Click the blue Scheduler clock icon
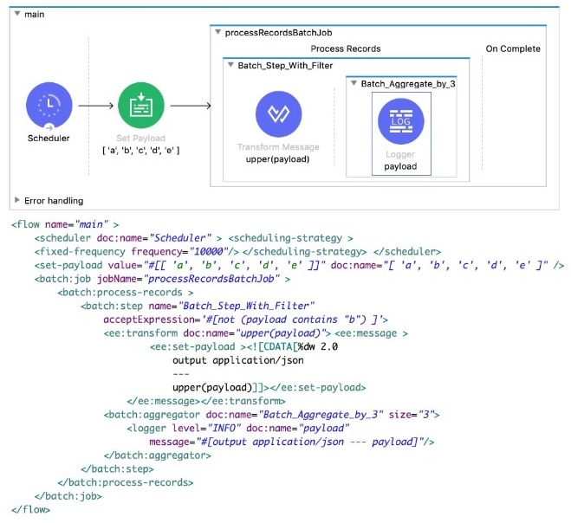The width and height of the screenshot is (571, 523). (49, 105)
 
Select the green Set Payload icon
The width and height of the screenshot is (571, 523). (141, 105)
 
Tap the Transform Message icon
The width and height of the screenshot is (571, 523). (279, 114)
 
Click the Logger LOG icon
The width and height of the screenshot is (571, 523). (401, 121)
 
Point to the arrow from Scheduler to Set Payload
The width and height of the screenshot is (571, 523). (96, 106)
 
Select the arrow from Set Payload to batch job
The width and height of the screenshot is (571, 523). (191, 106)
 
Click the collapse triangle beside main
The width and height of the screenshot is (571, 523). (17, 14)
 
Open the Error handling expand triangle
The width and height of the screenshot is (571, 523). (16, 200)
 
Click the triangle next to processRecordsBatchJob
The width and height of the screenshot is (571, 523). (217, 32)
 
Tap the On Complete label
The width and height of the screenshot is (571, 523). (513, 48)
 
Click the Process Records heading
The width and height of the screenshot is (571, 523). (346, 48)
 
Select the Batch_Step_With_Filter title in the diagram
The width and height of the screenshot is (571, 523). (285, 66)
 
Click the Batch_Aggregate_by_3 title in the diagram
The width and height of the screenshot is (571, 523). (408, 84)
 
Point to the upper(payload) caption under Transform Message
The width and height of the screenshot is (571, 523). (277, 159)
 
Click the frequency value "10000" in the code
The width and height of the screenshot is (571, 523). (209, 251)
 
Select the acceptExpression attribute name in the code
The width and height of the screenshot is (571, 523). (149, 320)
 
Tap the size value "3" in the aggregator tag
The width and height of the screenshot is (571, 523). (426, 415)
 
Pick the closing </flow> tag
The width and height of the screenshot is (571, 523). (30, 509)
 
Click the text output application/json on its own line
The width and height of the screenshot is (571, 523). (238, 361)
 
